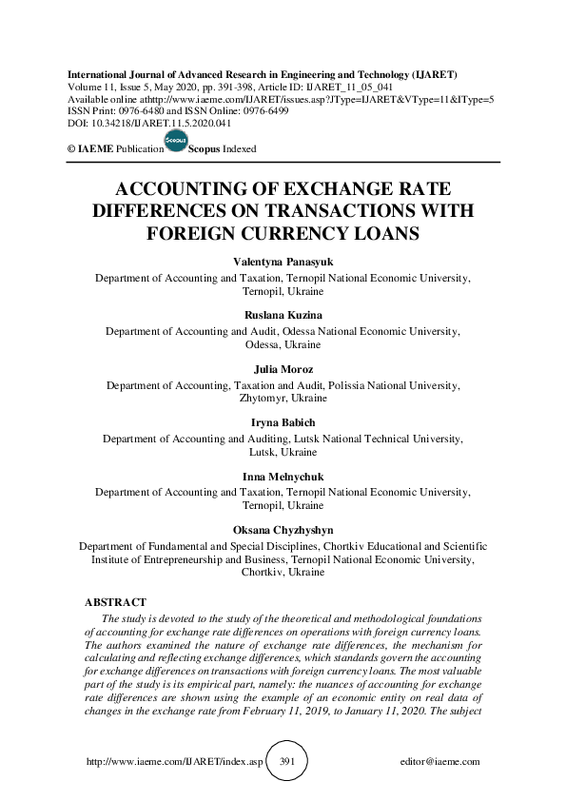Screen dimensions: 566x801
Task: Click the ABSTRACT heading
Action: (x=115, y=603)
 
